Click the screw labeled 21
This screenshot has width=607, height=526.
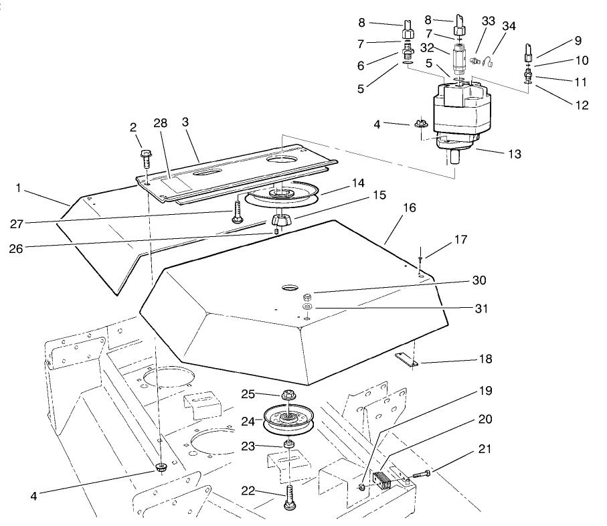[420, 475]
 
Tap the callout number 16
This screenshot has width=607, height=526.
[410, 208]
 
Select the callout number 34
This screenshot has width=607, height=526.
[509, 27]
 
